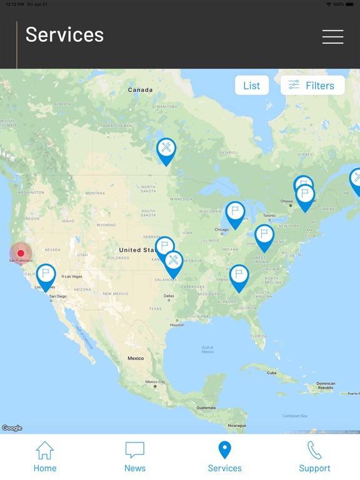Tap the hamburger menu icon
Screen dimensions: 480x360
(x=332, y=37)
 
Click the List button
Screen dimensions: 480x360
(x=252, y=86)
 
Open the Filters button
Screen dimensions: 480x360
(x=312, y=86)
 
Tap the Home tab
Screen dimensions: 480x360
(x=45, y=457)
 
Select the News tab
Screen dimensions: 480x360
(x=135, y=457)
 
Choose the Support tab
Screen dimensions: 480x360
(x=314, y=457)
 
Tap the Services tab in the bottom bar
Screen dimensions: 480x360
(x=224, y=457)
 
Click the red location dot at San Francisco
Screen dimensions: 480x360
(x=21, y=253)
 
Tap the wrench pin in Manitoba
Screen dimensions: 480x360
(x=166, y=149)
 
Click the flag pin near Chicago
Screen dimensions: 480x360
(x=235, y=212)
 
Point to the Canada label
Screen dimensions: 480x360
(x=140, y=90)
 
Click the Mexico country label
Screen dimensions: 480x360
(x=136, y=358)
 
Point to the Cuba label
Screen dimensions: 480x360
(x=272, y=372)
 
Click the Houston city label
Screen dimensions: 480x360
(x=177, y=325)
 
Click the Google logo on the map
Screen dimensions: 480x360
(x=12, y=428)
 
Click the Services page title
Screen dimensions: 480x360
(x=64, y=35)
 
